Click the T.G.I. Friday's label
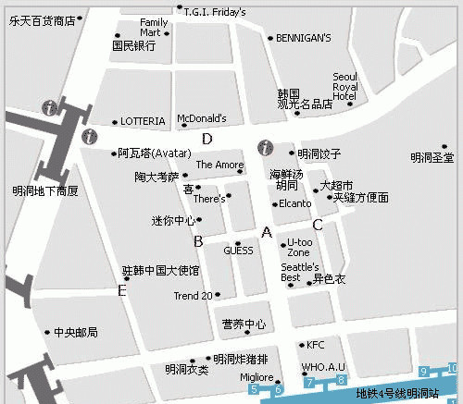point(215,12)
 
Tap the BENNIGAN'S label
point(302,38)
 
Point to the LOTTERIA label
point(144,121)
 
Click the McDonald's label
point(201,118)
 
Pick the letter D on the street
point(207,140)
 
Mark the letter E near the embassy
point(121,290)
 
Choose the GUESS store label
point(238,250)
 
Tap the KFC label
point(316,345)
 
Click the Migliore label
point(257,377)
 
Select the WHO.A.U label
point(323,367)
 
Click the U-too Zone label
point(298,247)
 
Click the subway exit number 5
point(255,390)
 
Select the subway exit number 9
point(424,372)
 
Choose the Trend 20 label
point(194,296)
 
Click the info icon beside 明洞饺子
point(266,148)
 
